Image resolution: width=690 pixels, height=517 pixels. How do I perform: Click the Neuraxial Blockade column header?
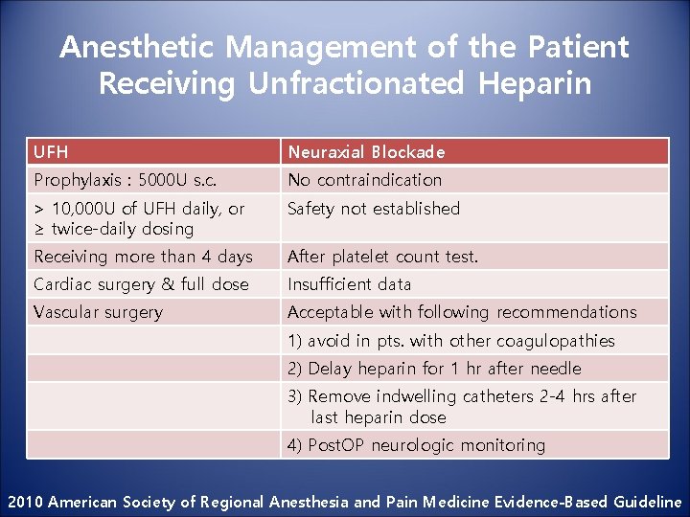click(x=366, y=151)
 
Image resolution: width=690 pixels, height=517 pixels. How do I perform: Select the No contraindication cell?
click(x=365, y=180)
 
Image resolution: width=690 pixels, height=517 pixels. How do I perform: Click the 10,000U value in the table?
click(x=84, y=209)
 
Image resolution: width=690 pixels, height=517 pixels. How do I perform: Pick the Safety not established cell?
click(x=374, y=209)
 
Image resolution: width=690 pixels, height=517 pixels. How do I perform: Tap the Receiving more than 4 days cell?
click(x=143, y=257)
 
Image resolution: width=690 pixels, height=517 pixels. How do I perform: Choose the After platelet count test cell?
click(x=382, y=257)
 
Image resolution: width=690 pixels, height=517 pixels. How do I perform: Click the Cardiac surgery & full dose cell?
click(x=141, y=284)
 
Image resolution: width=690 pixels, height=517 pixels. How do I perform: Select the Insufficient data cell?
click(x=350, y=284)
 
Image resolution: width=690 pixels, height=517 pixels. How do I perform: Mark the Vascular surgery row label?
click(x=98, y=312)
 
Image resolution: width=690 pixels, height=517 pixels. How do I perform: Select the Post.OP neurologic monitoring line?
click(x=416, y=445)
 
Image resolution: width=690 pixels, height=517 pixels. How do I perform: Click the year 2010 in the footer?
click(x=25, y=502)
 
